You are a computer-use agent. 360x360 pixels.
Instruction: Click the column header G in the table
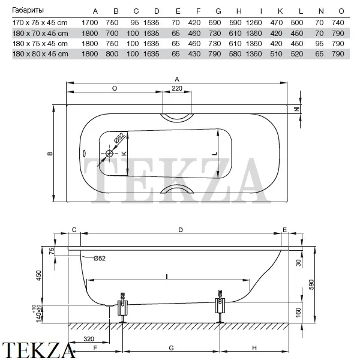click(218, 11)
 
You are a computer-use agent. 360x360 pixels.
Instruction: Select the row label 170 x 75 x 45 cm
click(40, 23)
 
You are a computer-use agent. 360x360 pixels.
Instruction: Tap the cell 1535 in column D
click(151, 23)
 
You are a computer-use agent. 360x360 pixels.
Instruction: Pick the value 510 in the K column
click(276, 54)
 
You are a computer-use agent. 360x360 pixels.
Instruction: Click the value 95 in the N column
click(319, 44)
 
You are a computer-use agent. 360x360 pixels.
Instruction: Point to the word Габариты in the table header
click(28, 10)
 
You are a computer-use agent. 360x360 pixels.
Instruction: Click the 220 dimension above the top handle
click(177, 88)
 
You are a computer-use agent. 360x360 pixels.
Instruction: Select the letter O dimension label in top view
click(115, 88)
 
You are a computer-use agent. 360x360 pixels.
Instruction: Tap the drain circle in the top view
click(110, 153)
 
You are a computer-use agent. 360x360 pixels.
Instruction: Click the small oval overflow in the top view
click(84, 152)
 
